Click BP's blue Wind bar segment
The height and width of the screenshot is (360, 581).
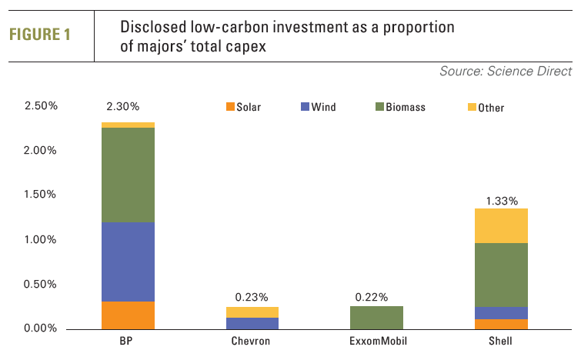129,262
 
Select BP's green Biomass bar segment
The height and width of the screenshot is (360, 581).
129,175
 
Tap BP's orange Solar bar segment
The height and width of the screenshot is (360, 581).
129,315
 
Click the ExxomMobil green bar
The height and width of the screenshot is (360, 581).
377,317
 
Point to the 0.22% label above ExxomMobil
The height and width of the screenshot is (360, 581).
372,297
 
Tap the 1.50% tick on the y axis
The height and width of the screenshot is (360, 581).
41,195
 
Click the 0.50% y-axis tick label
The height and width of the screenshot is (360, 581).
41,284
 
